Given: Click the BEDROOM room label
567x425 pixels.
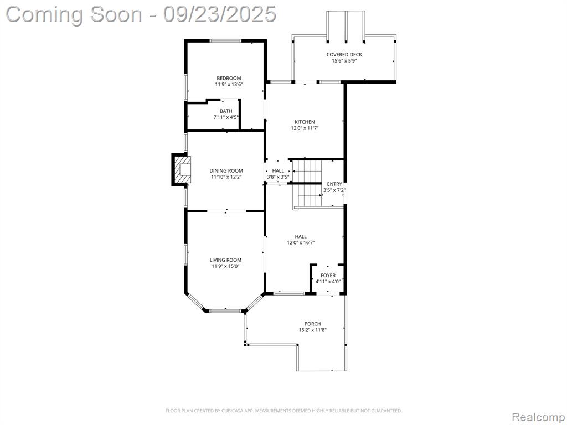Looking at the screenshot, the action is pos(229,78).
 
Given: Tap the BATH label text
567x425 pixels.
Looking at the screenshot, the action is pos(226,111).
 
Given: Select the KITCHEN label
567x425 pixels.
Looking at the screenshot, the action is pos(305,122).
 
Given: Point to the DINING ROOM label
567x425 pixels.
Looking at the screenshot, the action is pos(226,170).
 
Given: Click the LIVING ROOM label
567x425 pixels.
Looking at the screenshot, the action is pos(226,260).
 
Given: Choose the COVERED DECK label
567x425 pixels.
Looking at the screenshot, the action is pos(344,55).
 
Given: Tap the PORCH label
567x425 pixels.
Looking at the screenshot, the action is pos(312,324).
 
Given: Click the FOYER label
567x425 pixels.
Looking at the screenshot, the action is pos(328,276).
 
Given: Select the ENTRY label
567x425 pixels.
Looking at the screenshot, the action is pos(334,184).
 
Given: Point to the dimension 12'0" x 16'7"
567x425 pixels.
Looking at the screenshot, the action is pos(301,243).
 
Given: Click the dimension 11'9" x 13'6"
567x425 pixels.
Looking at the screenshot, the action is pos(229,84).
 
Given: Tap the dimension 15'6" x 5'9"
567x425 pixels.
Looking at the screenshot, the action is pos(344,61).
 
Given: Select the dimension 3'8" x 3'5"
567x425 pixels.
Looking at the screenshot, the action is pos(278,177).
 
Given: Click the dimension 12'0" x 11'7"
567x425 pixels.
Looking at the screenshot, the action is pos(305,128).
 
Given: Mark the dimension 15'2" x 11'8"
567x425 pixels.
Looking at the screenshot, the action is pos(313,330).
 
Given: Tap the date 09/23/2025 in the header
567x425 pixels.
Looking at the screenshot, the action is pos(219,14).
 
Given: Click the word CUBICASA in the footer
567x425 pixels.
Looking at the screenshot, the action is pos(232,411).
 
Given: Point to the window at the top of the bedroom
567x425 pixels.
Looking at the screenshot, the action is pos(226,41).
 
